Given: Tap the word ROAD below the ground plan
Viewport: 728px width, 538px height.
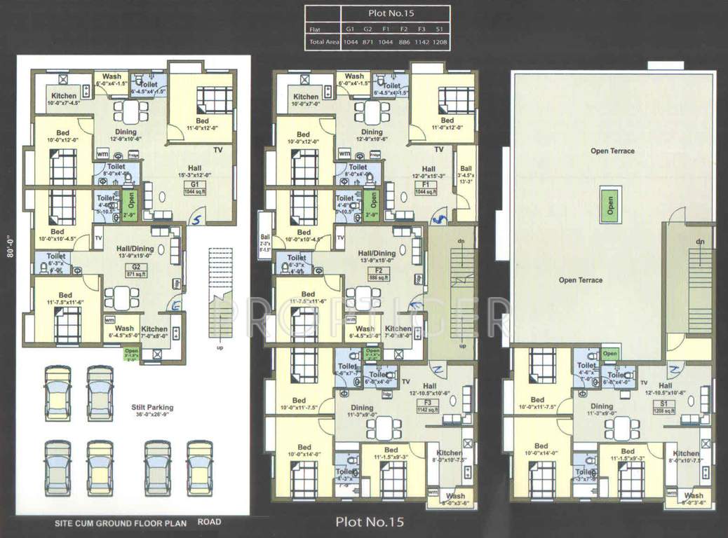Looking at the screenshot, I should pos(210,522).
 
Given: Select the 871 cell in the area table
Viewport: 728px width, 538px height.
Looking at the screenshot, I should pos(368,43).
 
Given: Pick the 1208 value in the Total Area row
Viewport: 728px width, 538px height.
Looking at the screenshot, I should pos(440,43).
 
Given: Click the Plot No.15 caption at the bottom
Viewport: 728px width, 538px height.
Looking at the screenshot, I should pos(370,522).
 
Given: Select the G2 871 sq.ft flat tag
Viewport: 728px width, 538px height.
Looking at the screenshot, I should pos(133,270).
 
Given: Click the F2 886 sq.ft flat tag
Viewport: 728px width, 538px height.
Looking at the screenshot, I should pos(378,274).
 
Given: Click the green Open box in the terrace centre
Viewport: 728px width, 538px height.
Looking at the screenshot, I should pos(609,205).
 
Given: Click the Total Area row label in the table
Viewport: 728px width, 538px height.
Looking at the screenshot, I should pos(322,43).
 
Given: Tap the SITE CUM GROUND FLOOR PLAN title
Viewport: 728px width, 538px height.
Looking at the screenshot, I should pos(121,523).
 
